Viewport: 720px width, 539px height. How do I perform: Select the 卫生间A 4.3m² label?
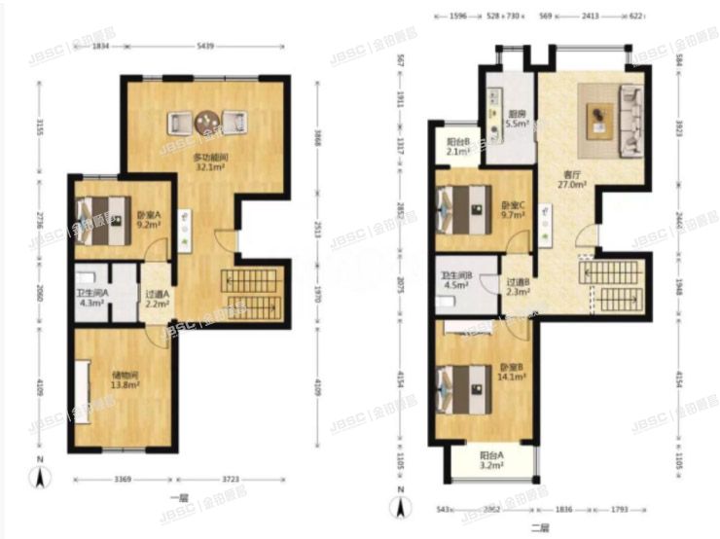[92, 298]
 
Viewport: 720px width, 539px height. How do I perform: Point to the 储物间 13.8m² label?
[123, 380]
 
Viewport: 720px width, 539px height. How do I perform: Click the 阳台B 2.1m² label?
[458, 147]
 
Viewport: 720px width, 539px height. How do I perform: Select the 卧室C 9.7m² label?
[513, 210]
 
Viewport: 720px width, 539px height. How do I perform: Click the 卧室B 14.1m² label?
[513, 372]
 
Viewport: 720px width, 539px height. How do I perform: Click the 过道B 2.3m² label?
[517, 287]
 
